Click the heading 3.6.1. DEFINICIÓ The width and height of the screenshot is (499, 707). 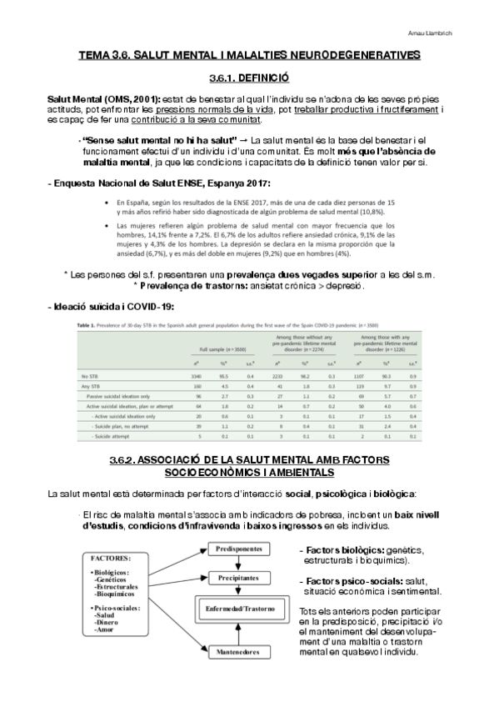pyautogui.click(x=248, y=77)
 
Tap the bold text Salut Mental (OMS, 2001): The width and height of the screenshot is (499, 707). pyautogui.click(x=104, y=99)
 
